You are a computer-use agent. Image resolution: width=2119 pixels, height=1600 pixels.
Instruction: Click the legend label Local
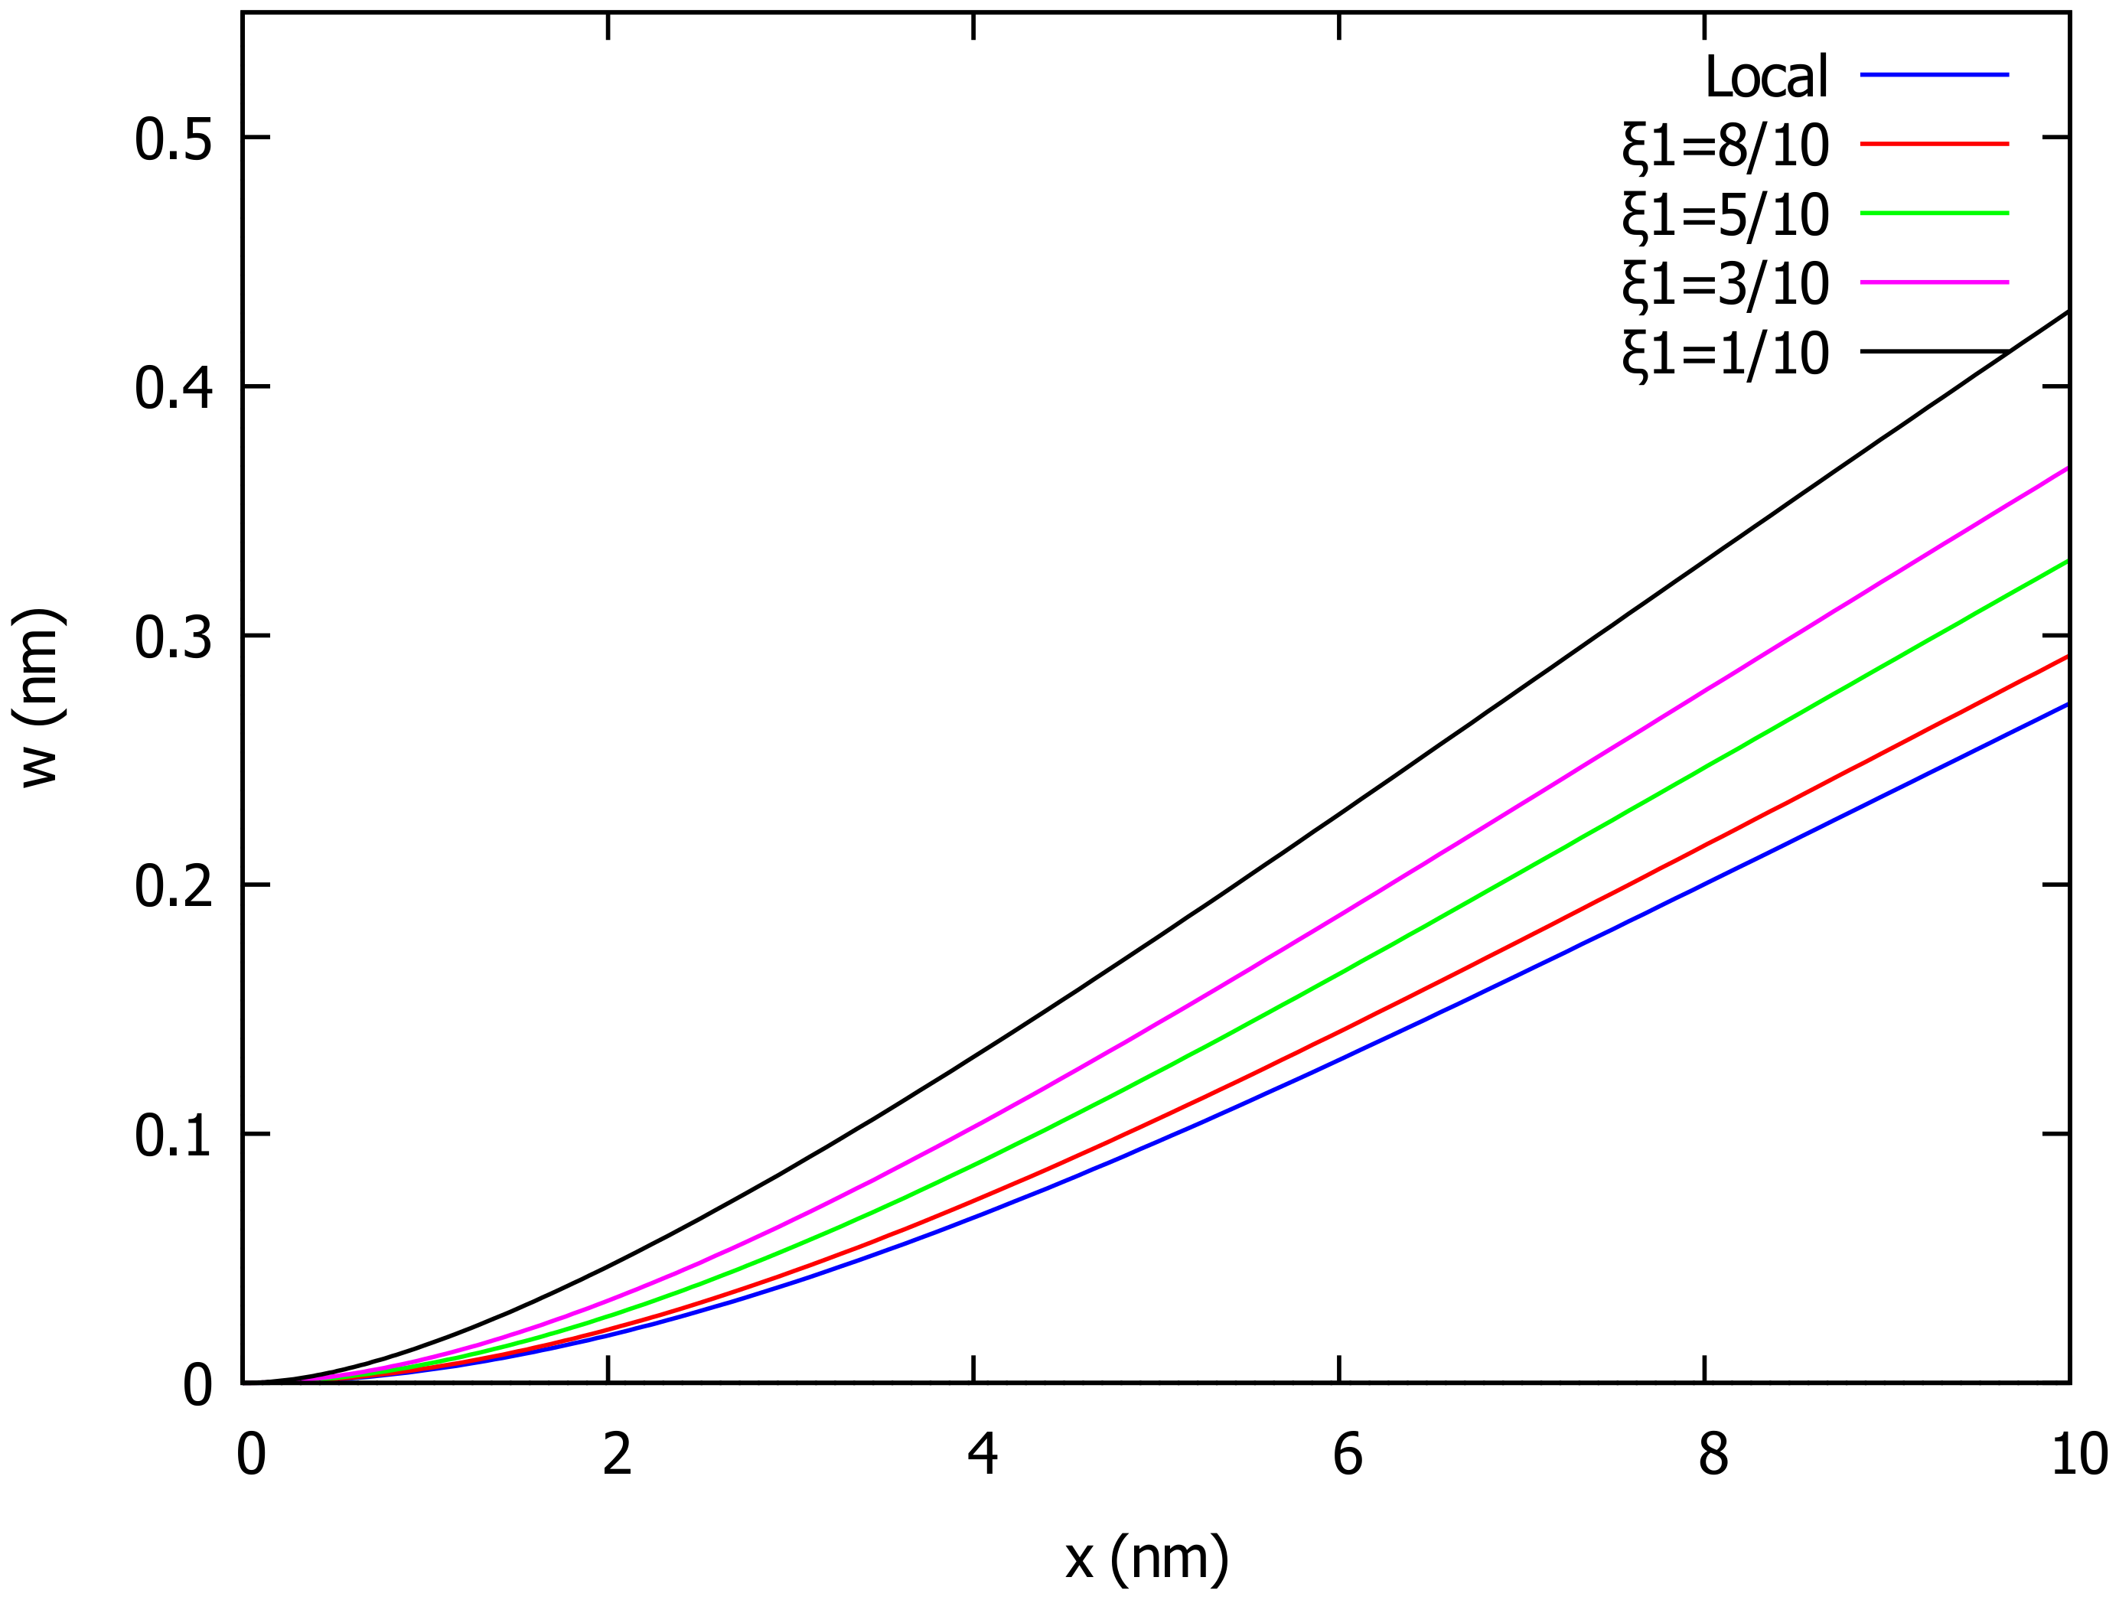(x=1765, y=77)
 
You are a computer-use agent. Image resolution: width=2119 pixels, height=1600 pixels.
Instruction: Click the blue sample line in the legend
(x=1934, y=73)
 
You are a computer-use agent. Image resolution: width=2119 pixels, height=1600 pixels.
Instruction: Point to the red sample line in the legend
(x=1934, y=144)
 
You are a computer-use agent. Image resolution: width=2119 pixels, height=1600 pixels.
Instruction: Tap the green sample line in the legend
(x=1934, y=213)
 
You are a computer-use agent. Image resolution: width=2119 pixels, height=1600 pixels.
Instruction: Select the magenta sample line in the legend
(x=1934, y=282)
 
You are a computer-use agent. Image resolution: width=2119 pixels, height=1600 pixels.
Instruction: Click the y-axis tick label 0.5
(x=172, y=140)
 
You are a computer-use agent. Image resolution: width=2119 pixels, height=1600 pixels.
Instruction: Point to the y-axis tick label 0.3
(x=172, y=638)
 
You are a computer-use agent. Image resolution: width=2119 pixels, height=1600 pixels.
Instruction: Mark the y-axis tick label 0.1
(x=172, y=1136)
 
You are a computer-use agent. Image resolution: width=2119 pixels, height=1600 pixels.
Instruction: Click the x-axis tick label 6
(x=1347, y=1455)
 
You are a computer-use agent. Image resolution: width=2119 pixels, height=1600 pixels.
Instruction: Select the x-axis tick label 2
(x=617, y=1455)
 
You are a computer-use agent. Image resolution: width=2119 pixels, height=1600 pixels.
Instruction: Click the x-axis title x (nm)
(x=1146, y=1558)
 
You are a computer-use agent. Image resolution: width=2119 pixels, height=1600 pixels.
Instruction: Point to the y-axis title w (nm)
(x=41, y=698)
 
